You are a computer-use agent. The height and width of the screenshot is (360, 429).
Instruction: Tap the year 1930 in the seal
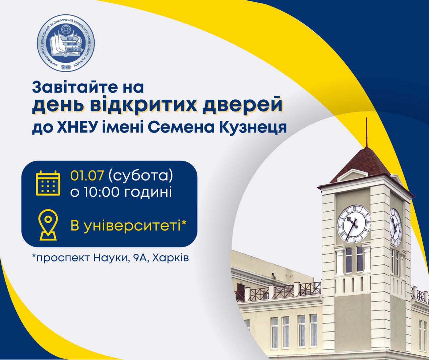66,67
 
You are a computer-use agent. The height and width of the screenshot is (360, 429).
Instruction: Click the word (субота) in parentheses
141,176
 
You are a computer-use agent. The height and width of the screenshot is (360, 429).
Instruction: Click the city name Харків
170,258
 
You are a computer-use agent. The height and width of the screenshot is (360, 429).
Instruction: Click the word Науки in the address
109,258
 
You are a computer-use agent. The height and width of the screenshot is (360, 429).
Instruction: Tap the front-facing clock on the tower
354,223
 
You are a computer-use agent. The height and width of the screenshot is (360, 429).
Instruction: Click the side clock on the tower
395,227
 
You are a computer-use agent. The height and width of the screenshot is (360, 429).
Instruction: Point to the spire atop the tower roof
367,133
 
